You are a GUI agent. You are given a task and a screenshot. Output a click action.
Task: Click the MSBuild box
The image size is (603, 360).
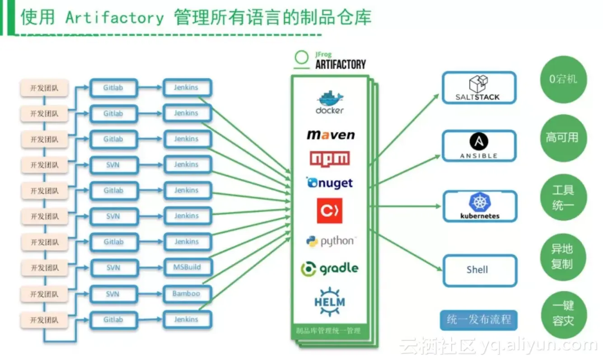point(187,267)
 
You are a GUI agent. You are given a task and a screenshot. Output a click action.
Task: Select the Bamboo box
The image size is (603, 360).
point(187,294)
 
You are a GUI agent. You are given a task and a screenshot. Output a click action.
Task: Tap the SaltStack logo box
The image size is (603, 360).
point(478,88)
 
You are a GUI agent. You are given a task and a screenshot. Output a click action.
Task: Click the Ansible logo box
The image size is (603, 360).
point(478,146)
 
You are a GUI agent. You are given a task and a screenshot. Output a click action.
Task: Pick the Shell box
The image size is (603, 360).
point(478,270)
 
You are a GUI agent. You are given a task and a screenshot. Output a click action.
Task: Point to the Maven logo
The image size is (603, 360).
point(331,135)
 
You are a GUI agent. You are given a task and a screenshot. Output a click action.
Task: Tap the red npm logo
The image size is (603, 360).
point(330,159)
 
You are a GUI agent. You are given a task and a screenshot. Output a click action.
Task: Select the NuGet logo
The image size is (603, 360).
point(330,183)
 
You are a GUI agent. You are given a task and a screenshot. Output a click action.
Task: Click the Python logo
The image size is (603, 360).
point(330,242)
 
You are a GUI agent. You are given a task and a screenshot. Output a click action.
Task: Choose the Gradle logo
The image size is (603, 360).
point(330,269)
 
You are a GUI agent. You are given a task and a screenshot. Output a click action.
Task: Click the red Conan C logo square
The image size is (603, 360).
point(330,210)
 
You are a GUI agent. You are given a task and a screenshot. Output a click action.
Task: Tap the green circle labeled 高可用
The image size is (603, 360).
point(562,138)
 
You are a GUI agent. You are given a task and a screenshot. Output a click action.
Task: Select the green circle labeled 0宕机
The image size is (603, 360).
point(562,80)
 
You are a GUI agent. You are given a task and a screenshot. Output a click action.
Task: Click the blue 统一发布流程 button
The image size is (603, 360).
point(478,320)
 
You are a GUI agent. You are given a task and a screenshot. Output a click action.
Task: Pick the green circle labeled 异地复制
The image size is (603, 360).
point(562,257)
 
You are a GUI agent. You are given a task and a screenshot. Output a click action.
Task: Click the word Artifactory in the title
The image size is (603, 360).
point(114,18)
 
